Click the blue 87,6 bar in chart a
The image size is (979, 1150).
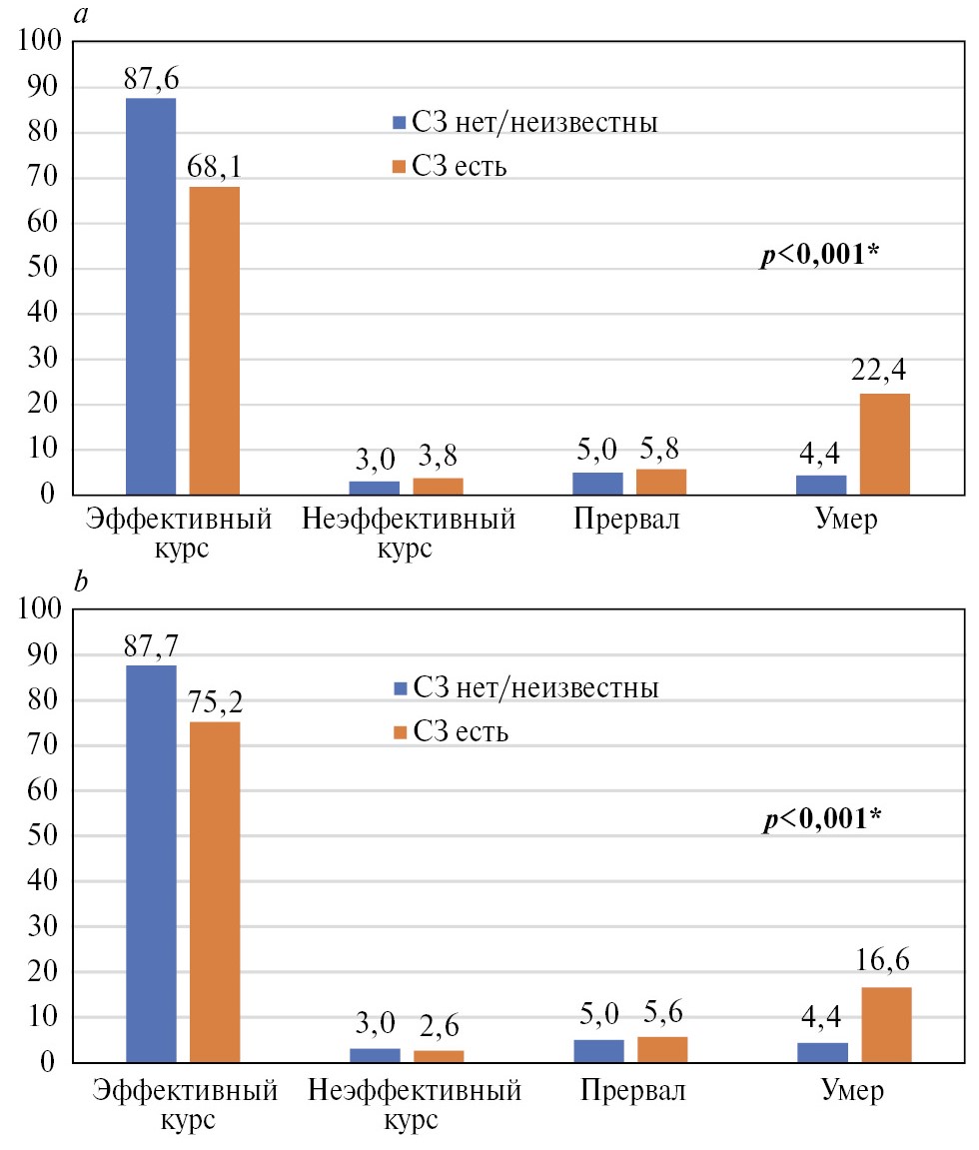coord(150,296)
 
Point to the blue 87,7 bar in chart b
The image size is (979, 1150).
coord(151,863)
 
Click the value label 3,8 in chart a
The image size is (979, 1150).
coord(438,459)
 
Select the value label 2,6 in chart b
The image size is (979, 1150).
coord(438,1026)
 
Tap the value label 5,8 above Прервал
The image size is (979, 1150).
coord(661,450)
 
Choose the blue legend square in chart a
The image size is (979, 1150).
coord(398,123)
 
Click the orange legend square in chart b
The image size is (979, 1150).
coord(398,733)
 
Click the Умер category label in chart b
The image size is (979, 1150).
coord(852,1089)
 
